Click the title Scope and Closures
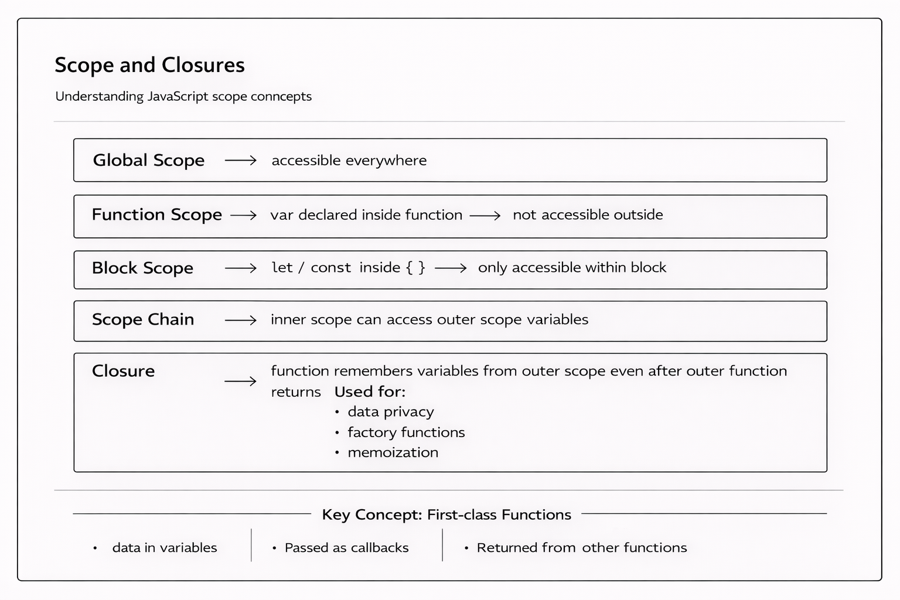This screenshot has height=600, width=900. pos(149,65)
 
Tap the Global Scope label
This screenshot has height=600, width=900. pos(149,161)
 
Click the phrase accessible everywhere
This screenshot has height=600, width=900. pos(349,161)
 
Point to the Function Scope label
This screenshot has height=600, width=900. pos(156,215)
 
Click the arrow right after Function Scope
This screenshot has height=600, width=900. pos(244,216)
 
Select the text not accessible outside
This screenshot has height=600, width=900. pos(588,215)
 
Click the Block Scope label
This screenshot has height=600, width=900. pos(142,268)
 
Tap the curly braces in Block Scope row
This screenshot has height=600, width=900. pos(415,268)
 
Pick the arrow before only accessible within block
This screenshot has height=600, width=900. pos(451,268)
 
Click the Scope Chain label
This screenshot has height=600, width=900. pos(143,320)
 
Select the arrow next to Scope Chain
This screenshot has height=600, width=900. pos(241,321)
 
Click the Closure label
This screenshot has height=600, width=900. pos(123,371)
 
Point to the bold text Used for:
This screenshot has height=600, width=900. pos(370,392)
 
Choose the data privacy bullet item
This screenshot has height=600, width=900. pos(391,412)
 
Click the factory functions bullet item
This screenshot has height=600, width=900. pos(406,432)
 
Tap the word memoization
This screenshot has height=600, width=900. pos(393,453)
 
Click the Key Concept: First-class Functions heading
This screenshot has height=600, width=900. pos(446,515)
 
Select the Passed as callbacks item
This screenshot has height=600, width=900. pos(346,548)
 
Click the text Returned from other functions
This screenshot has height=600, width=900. pos(581,548)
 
